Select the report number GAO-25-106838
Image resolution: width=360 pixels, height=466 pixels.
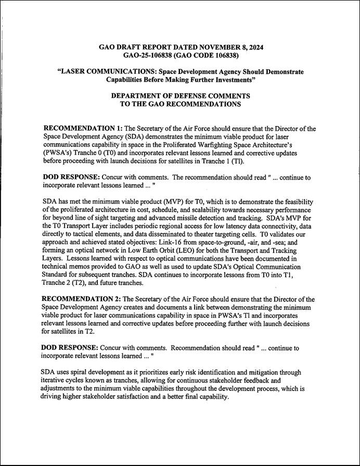(x=152, y=55)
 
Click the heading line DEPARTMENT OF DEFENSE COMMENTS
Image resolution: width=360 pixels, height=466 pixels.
(x=180, y=96)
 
